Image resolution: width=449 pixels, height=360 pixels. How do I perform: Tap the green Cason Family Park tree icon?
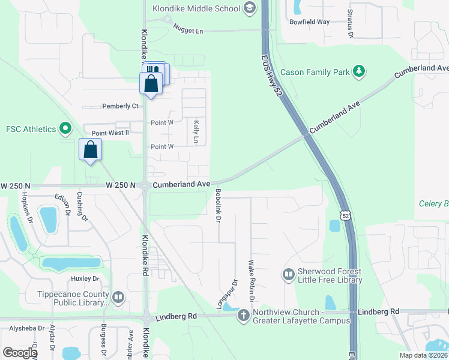359,72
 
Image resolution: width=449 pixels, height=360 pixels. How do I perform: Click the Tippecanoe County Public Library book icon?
118,296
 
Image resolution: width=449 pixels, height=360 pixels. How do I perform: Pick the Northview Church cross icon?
243,316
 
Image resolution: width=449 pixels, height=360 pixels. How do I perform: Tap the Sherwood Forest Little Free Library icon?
289,275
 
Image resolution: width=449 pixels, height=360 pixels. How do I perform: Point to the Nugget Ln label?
188,28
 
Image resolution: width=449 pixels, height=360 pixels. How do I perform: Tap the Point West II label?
110,133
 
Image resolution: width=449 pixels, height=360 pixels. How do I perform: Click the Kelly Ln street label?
196,131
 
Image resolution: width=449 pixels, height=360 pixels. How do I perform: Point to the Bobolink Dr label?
218,205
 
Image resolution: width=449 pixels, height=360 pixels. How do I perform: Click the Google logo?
20,353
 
